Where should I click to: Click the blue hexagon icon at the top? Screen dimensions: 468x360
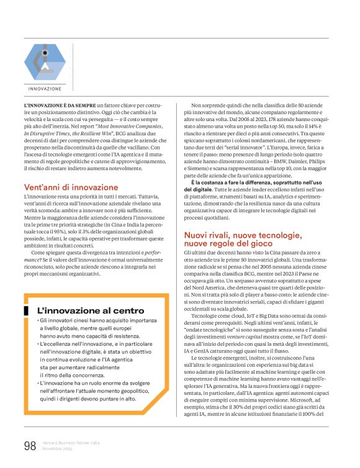(x=44, y=62)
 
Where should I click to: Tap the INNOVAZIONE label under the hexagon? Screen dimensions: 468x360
(x=44, y=89)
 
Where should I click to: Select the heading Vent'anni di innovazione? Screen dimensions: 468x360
(x=71, y=187)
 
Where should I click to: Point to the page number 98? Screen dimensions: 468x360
(x=30, y=446)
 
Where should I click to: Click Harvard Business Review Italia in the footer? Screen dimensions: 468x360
(x=72, y=443)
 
